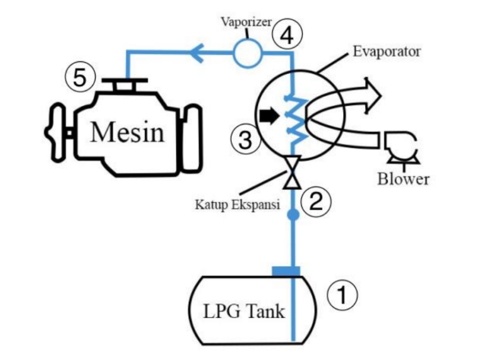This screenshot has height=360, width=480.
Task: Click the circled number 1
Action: pos(342,294)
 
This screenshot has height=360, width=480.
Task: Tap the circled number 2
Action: pos(316,202)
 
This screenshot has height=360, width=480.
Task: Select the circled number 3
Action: pos(245,140)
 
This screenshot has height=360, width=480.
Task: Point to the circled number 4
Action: pos(287,34)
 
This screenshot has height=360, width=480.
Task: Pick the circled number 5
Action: pos(80,77)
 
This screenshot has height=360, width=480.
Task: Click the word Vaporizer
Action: pos(246,22)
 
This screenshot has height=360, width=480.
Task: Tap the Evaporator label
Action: pos(387,52)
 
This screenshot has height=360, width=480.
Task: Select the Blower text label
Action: pos(403,179)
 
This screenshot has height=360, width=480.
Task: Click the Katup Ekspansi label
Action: pos(237,204)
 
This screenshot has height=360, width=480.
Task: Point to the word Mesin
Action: pos(127,132)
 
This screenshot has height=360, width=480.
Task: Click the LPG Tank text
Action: pos(244,311)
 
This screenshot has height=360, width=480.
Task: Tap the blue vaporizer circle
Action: pos(247,52)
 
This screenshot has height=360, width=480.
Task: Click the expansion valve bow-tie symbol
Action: pos(292,172)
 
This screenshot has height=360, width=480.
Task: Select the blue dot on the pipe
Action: pos(293,214)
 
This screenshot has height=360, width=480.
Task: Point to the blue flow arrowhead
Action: pos(197,52)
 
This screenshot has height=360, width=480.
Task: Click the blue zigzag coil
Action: pos(295,120)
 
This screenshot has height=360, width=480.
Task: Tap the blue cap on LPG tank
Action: pos(286,271)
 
